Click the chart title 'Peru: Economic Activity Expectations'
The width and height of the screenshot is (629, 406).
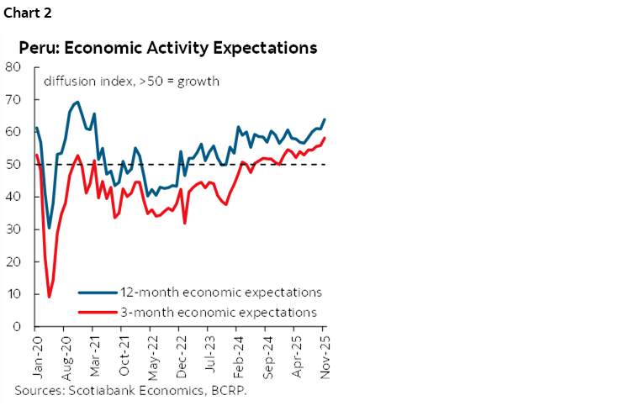167,47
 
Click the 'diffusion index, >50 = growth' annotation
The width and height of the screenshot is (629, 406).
131,82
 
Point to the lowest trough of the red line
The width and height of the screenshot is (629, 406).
49,297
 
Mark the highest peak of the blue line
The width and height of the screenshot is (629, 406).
77,102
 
